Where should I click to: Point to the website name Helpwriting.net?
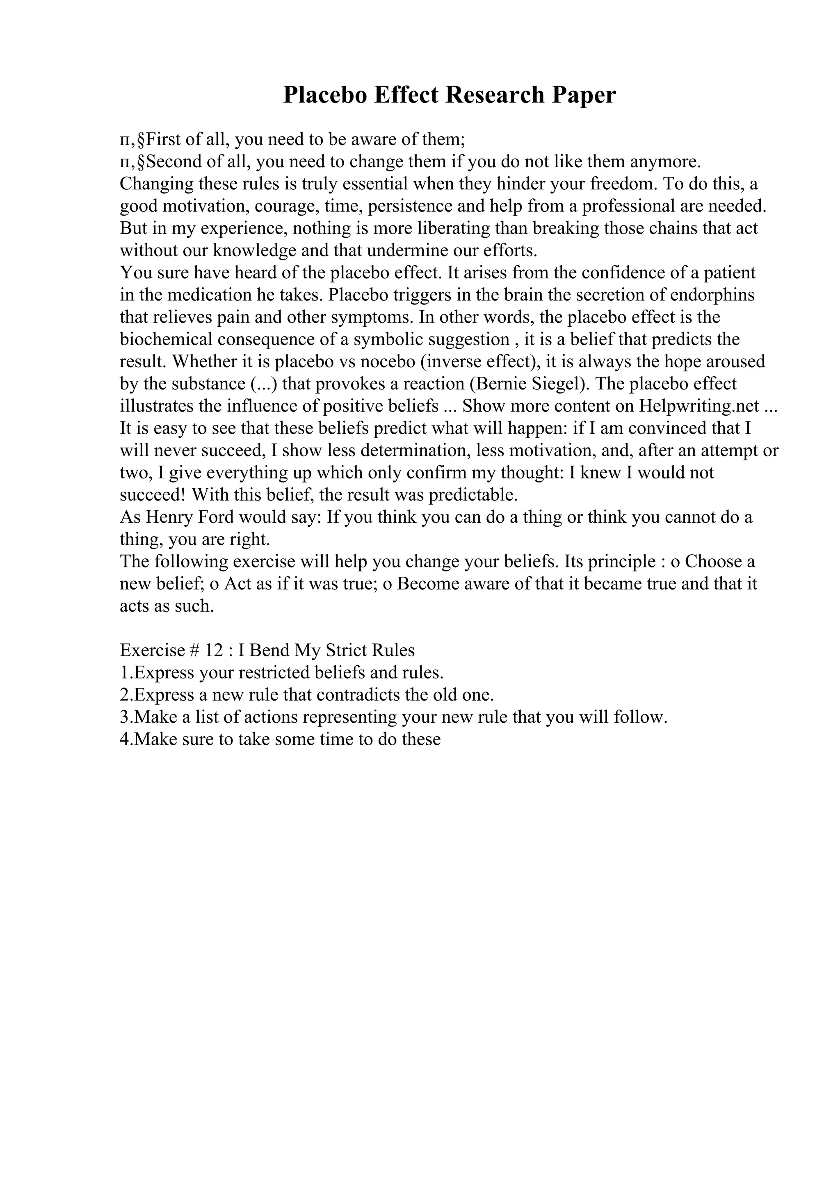click(700, 406)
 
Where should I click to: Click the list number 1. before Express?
click(126, 673)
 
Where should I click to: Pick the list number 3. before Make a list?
click(126, 717)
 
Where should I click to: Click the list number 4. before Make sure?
click(126, 740)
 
